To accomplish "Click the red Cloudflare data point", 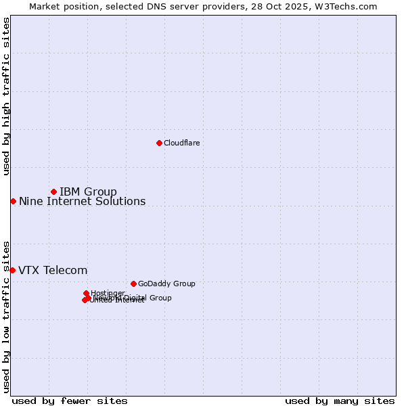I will pos(159,143).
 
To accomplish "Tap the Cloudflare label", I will pos(181,143).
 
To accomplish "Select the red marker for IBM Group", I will pos(53,191).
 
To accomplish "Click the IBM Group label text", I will pos(88,191).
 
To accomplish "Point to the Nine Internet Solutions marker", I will pos(13,201).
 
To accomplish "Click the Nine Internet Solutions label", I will pos(82,201).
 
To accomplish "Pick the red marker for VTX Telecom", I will pos(12,270).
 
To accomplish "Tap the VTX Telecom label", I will pos(53,270).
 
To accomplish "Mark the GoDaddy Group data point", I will pos(133,284).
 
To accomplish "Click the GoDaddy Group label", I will pos(166,284).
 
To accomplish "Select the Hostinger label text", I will pos(108,293).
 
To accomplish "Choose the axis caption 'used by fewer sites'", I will pos(70,401).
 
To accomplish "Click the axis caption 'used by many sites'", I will pos(340,401).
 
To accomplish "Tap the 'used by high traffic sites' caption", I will pos(6,96).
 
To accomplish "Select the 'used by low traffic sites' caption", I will pos(6,317).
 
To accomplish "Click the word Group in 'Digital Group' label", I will pos(160,298).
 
